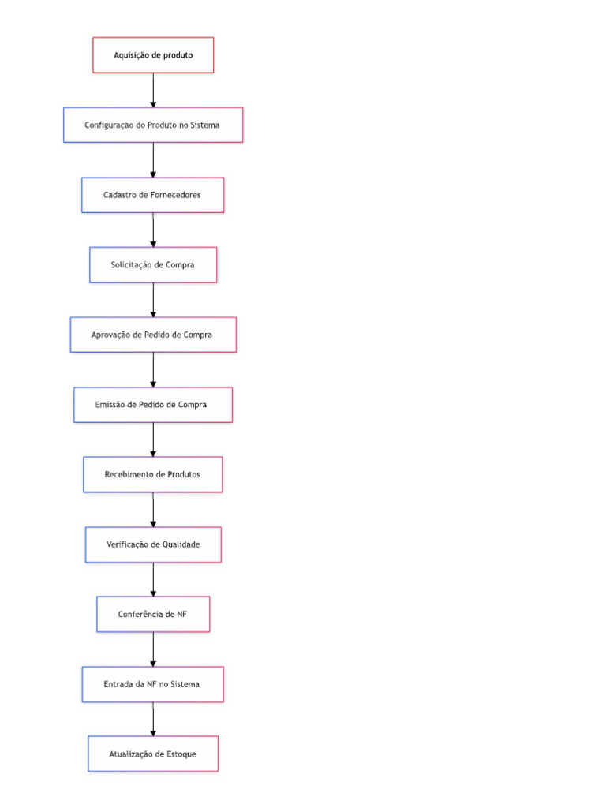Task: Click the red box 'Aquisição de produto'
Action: (x=153, y=55)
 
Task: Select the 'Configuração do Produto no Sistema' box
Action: (x=153, y=125)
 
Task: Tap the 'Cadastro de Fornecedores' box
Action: (x=153, y=195)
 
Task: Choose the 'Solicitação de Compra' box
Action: (x=153, y=265)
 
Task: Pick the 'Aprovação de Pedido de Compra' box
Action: (x=153, y=335)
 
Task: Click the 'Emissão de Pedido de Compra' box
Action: (x=153, y=405)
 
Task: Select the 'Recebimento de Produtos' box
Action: (x=153, y=474)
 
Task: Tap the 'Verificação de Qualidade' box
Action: (x=153, y=544)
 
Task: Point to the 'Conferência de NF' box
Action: (x=153, y=614)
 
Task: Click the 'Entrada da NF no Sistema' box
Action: (x=153, y=684)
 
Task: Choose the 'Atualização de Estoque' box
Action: (x=153, y=754)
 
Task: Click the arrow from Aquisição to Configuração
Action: (x=153, y=90)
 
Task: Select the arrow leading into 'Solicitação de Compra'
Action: (x=153, y=230)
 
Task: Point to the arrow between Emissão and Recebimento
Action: (x=153, y=440)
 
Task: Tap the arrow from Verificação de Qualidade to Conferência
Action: (x=153, y=579)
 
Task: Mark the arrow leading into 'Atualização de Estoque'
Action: (x=153, y=719)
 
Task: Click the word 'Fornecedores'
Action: (x=175, y=195)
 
